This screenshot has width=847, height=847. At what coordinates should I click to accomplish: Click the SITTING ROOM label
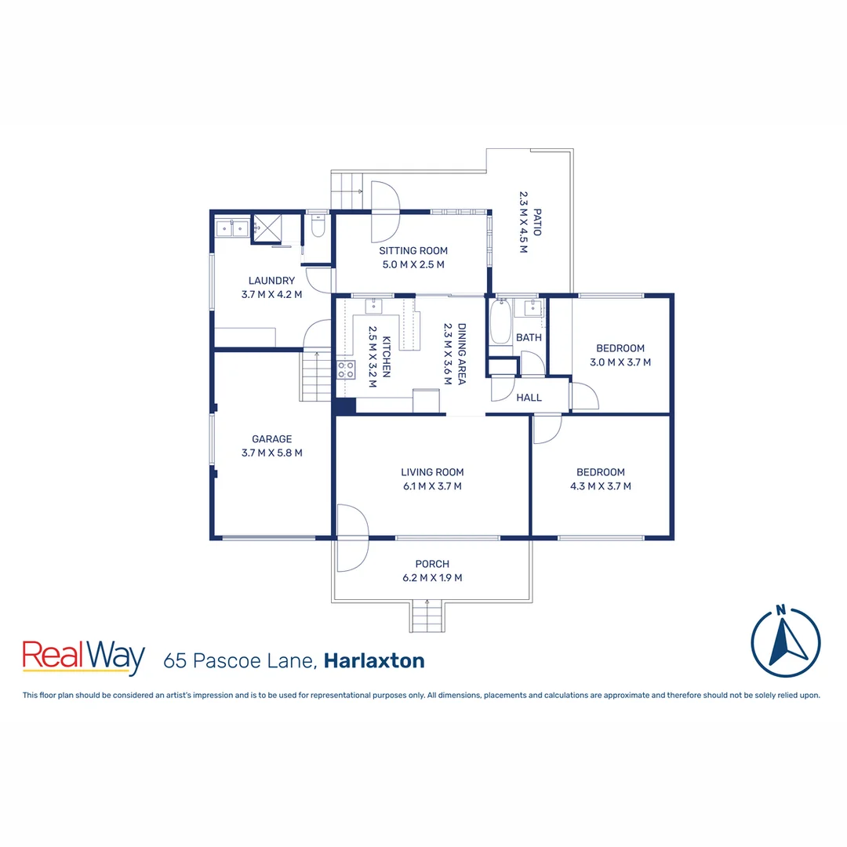point(413,251)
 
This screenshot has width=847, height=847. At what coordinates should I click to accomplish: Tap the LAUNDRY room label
point(271,281)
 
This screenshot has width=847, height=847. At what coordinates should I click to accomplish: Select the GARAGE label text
point(271,439)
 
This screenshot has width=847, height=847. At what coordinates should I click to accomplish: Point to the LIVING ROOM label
point(432,472)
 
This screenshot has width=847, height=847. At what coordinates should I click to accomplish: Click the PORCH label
point(432,564)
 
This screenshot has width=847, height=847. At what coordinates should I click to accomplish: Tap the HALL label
point(529,398)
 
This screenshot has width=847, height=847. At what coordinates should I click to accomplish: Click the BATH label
point(529,338)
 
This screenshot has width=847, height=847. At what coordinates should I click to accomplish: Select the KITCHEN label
point(386,357)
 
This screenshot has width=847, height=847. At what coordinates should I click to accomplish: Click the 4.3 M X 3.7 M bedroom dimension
point(601,486)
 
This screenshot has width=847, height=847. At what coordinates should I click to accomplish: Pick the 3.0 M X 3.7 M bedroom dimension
point(620,362)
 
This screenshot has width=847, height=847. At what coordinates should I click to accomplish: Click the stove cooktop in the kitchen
point(345,370)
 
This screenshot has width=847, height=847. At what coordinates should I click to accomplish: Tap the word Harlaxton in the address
point(374,660)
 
